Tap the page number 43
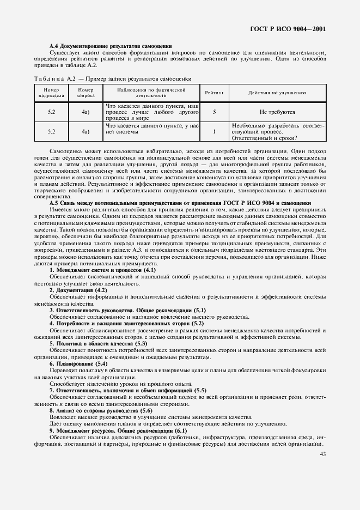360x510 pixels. (323, 454)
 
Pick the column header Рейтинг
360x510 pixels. (214, 93)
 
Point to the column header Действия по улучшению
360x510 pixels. (277, 93)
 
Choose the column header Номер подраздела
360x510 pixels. (52, 93)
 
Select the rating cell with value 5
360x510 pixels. (214, 112)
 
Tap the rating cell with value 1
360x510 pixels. (214, 131)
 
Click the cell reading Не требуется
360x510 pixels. (277, 112)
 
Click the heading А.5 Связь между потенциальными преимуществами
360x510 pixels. (180, 203)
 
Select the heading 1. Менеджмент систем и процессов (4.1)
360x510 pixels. (103, 270)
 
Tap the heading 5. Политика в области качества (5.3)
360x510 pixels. (99, 344)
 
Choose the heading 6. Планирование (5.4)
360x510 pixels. (79, 363)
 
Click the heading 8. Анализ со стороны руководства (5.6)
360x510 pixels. (101, 410)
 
